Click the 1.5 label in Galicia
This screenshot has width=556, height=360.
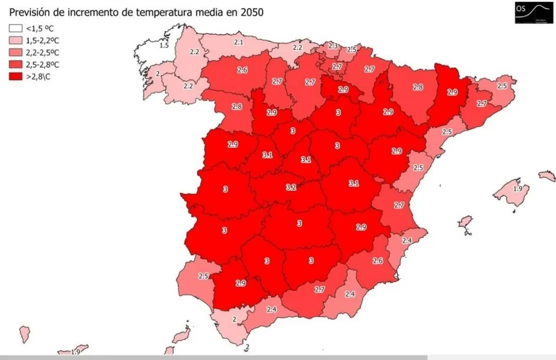pyautogui.click(x=163, y=45)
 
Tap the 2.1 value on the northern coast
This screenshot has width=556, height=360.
pyautogui.click(x=238, y=42)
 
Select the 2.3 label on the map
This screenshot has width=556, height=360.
pyautogui.click(x=333, y=46)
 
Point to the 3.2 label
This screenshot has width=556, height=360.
pyautogui.click(x=291, y=187)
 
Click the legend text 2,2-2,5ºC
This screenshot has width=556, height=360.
pyautogui.click(x=42, y=52)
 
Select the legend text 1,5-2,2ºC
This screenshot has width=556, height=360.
pyautogui.click(x=42, y=40)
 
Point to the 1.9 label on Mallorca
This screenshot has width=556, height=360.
pyautogui.click(x=518, y=188)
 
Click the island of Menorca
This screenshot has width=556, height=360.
pyautogui.click(x=547, y=176)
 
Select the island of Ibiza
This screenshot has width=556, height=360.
pyautogui.click(x=465, y=224)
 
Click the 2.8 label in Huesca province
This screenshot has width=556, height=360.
pyautogui.click(x=418, y=87)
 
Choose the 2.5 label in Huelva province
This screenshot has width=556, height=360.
pyautogui.click(x=203, y=276)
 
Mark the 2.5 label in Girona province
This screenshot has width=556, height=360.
pyautogui.click(x=502, y=86)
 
